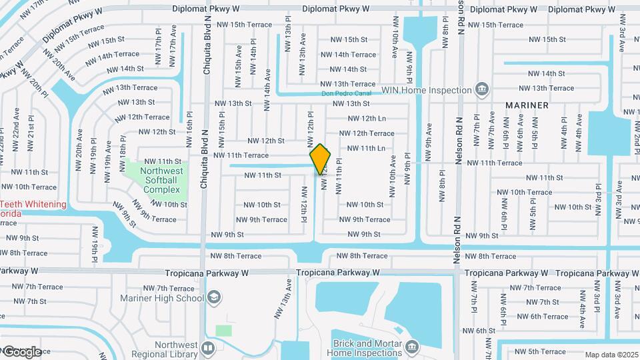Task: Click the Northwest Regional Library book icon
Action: pos(208,348)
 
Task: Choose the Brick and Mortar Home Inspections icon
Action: pos(412,347)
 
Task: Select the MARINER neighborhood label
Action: pos(527,105)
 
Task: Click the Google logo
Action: pos(22,351)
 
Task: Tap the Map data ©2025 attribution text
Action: pos(611,355)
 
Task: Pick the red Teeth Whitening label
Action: pos(33,204)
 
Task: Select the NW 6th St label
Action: pos(477,331)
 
